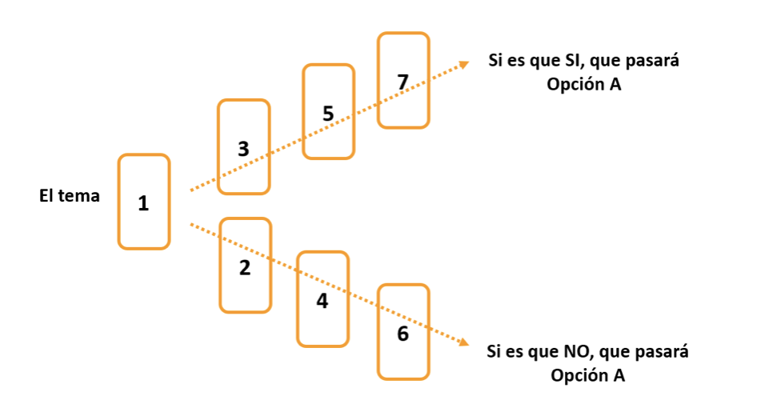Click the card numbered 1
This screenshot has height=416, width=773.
(x=144, y=202)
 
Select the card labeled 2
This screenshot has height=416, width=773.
(x=245, y=265)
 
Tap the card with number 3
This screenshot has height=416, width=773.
(x=244, y=147)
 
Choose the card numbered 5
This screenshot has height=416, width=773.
(x=327, y=111)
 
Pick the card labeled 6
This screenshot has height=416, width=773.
(x=403, y=331)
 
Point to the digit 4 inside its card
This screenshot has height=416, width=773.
(x=322, y=302)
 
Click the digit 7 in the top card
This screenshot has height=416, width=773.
(x=403, y=82)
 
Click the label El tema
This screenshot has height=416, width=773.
(x=70, y=195)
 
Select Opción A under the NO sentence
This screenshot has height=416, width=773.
(x=587, y=375)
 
